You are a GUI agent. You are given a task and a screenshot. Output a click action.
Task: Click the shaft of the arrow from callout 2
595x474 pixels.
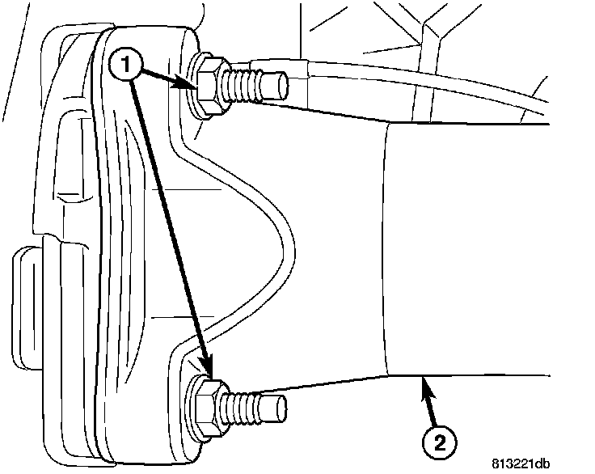[x=431, y=408]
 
